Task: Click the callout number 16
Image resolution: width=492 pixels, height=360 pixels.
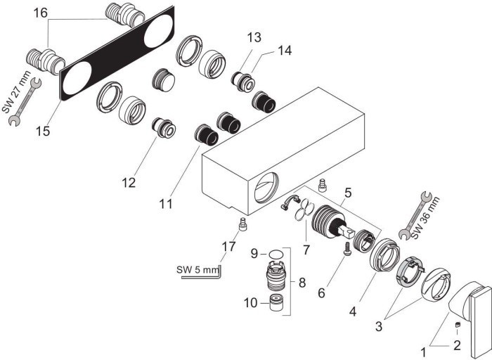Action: [x=41, y=13]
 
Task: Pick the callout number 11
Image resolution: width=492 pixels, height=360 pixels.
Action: [x=165, y=204]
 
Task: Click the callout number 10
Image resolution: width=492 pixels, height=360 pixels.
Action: [x=252, y=304]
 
